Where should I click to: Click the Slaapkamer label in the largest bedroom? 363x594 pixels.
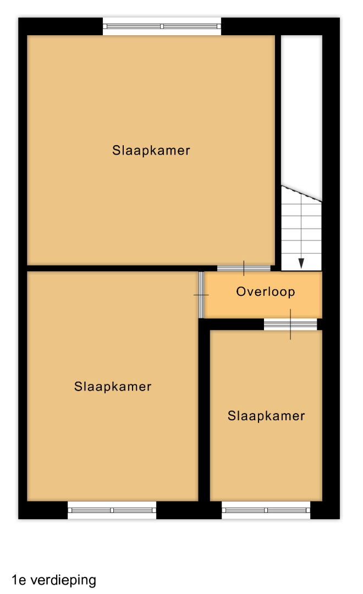tap(151, 150)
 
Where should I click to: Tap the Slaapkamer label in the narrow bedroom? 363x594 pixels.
tap(266, 416)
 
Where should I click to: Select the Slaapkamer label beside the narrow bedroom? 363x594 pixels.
tap(113, 387)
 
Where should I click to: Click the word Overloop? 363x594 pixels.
tap(265, 291)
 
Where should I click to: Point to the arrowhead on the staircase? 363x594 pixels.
tap(301, 263)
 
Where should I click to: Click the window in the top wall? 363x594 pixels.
tap(162, 26)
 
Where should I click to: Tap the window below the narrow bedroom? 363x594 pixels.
tap(266, 510)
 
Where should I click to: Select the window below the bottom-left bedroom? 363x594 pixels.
tap(112, 510)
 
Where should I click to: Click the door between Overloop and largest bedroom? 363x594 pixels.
tap(244, 268)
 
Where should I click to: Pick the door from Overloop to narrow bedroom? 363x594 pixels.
tap(290, 324)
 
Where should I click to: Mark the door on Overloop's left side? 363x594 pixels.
tap(201, 295)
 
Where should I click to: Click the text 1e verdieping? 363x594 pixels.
tap(54, 581)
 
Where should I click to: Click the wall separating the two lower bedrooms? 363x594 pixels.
tap(204, 413)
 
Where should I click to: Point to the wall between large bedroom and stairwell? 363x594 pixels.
tap(278, 152)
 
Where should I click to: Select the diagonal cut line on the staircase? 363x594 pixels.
tap(301, 193)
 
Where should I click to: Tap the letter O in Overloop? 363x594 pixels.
tap(241, 291)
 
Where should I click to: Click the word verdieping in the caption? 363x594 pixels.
tap(63, 581)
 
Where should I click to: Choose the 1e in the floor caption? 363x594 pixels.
tap(18, 580)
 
